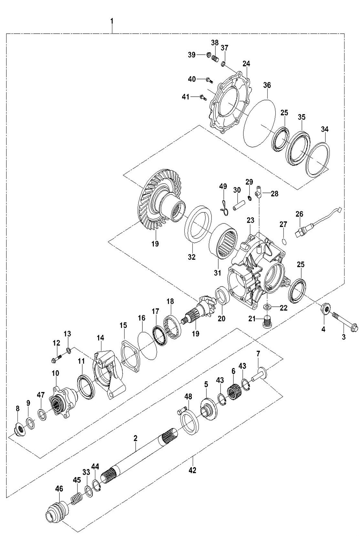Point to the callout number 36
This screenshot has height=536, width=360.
267,85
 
